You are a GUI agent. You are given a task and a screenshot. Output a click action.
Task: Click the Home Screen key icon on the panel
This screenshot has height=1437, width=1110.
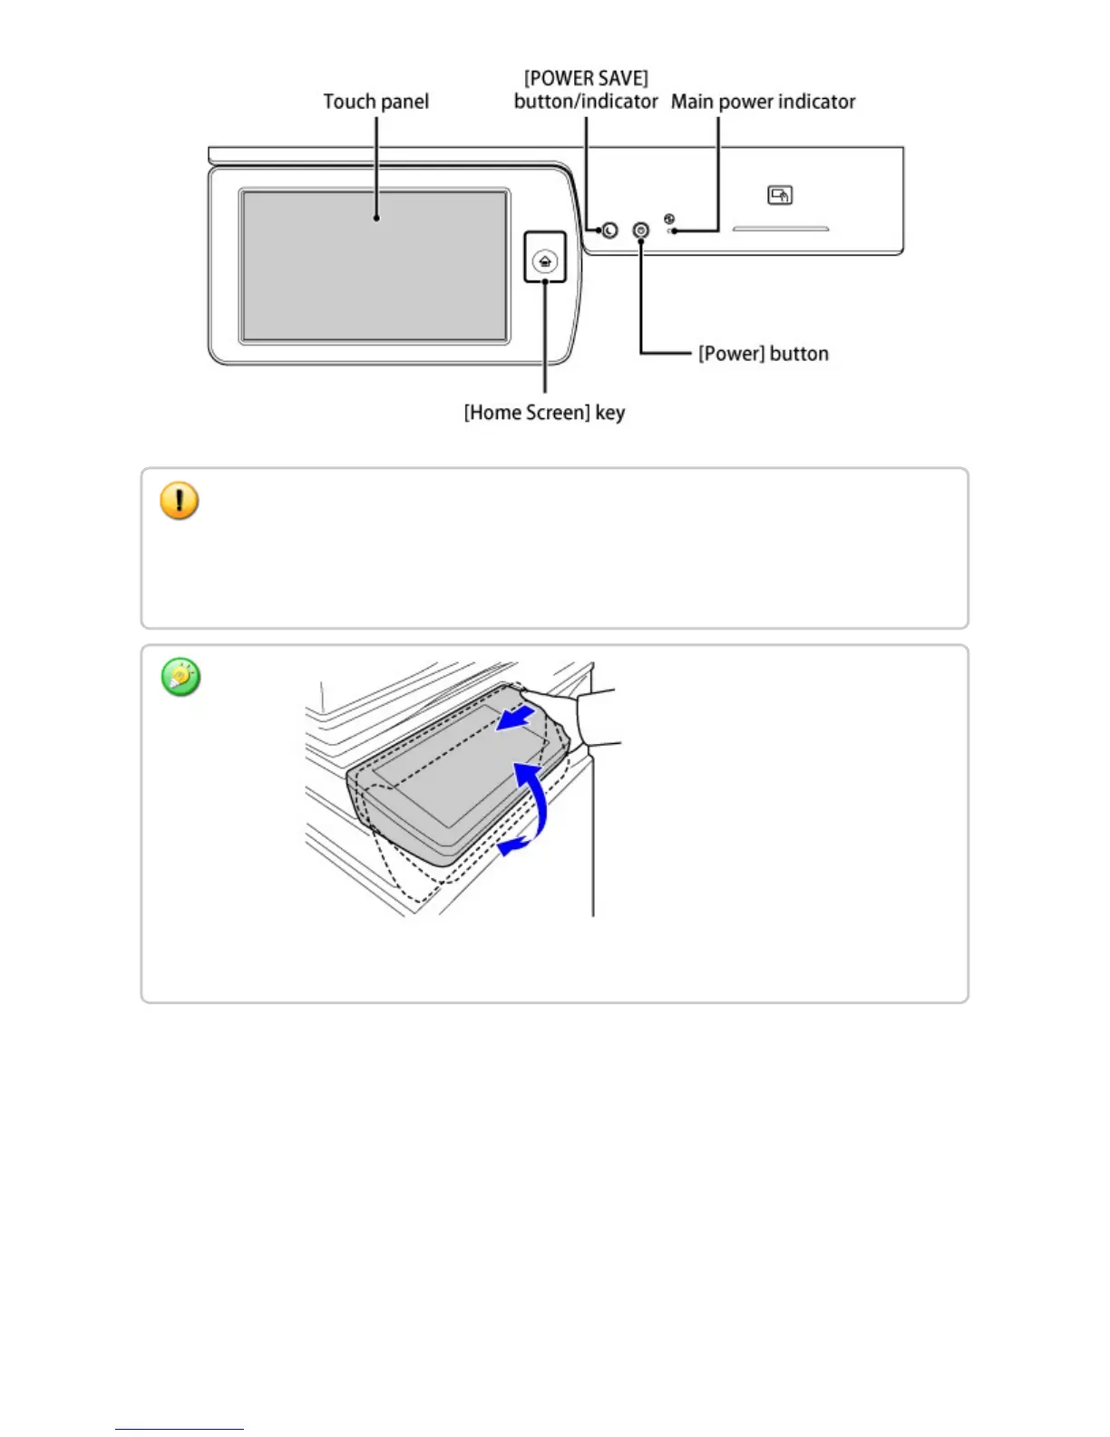pos(545,261)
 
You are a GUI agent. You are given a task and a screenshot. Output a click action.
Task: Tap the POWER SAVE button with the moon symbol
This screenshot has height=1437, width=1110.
pos(609,230)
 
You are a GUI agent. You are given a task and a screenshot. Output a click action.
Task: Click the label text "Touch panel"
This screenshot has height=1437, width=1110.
pos(375,102)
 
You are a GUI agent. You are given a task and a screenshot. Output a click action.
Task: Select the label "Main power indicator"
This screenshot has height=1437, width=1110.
pos(763,102)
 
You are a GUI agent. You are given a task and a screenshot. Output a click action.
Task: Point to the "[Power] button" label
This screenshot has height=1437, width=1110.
pos(763,354)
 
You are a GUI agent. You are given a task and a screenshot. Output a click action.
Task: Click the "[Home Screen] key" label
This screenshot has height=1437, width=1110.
pos(544,413)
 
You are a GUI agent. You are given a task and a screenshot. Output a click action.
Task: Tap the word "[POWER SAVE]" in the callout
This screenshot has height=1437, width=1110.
pos(586,79)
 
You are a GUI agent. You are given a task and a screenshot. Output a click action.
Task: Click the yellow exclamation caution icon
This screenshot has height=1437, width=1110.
pos(180,501)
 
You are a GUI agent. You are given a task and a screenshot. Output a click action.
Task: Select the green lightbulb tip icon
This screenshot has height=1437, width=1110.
pos(180,678)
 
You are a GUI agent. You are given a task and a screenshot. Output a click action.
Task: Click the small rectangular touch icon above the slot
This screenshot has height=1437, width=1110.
pos(780,195)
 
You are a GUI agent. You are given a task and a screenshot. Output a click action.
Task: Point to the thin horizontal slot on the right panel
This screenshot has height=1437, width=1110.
pos(781,230)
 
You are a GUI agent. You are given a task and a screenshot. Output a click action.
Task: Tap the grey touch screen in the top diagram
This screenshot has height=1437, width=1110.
pos(375,266)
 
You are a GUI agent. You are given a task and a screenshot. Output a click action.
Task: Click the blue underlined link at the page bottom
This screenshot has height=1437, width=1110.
pos(180,1428)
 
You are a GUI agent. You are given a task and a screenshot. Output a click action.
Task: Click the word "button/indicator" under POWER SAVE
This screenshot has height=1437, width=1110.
pos(586,102)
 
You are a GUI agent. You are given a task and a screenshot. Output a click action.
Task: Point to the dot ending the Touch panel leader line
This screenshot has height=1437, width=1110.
pos(376,218)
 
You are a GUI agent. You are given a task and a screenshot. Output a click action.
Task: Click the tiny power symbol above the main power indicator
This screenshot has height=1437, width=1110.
pos(669,219)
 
